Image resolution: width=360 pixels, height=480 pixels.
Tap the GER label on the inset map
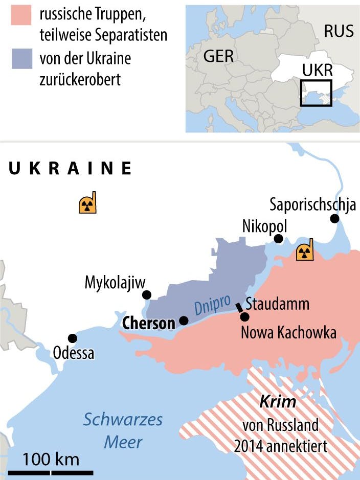coord(218,56)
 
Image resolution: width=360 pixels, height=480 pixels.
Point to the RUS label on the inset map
coord(338,31)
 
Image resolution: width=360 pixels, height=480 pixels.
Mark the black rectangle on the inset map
coord(316,93)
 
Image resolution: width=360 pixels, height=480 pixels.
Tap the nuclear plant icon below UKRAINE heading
coord(87,204)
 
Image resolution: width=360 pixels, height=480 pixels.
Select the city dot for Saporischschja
coord(334,219)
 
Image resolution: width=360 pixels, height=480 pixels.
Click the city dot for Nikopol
coord(278,239)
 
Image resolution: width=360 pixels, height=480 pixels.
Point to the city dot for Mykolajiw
coord(147,294)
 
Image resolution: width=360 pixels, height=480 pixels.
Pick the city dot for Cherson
coord(184,321)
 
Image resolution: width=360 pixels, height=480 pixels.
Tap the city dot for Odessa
coord(72,338)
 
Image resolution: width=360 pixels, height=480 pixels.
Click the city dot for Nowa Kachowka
coord(245,317)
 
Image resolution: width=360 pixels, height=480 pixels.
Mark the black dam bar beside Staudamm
coord(238,308)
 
